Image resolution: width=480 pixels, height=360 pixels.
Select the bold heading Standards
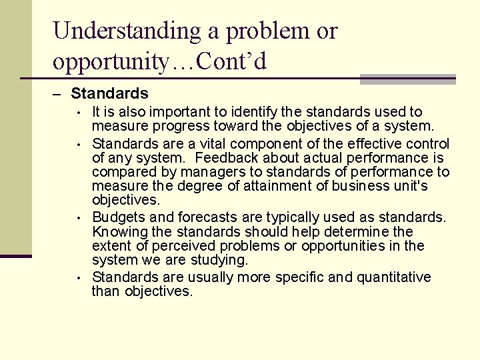(x=109, y=94)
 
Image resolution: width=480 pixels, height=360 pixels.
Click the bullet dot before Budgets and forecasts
(x=78, y=217)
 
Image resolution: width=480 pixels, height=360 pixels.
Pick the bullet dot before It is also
(x=78, y=112)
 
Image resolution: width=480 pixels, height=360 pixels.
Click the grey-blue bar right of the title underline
(x=407, y=79)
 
